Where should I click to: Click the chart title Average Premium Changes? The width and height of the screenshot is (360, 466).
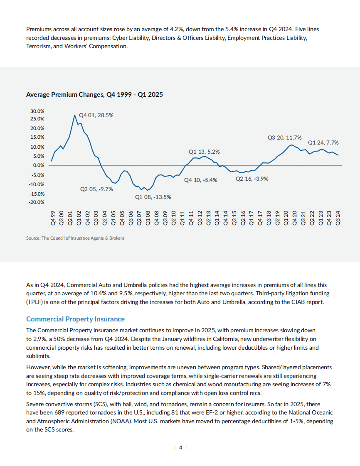tap(94, 95)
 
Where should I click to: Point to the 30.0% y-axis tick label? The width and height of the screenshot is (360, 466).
tap(37, 112)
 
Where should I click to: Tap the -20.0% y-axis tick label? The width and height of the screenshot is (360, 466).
tap(37, 202)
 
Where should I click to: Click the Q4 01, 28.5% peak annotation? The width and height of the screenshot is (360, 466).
tap(96, 115)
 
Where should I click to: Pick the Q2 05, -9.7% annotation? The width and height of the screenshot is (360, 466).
tap(96, 189)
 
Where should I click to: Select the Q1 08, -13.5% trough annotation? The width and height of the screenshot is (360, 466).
tap(153, 197)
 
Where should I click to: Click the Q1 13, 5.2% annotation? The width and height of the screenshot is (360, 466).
tap(204, 152)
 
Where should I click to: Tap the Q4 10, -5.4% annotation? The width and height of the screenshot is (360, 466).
tap(201, 180)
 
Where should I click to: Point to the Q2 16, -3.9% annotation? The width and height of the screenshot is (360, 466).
tap(252, 179)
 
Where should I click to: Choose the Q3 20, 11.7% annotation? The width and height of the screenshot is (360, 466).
tap(285, 137)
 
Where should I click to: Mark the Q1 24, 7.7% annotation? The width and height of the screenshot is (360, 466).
tap(323, 142)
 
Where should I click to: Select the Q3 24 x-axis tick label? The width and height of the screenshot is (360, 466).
tap(338, 217)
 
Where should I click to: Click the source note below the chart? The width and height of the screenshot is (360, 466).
tap(75, 238)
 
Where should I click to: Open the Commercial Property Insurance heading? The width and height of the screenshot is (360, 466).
tap(75, 319)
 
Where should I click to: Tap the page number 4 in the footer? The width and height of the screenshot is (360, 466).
tap(180, 447)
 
